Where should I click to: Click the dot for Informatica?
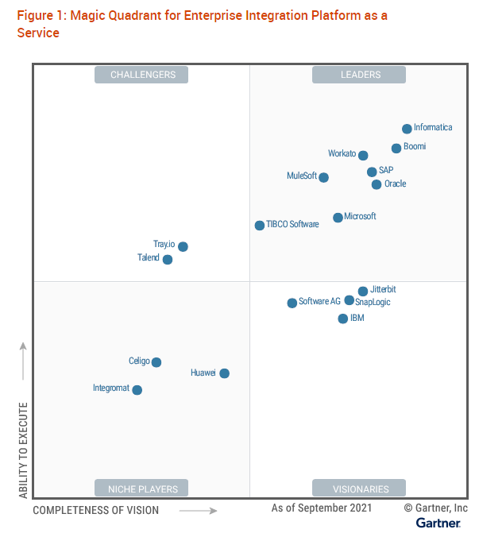click(407, 129)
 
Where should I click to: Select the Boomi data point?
click(396, 149)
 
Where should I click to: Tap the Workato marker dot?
click(363, 156)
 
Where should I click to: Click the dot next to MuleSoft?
click(323, 177)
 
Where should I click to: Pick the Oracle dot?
click(377, 184)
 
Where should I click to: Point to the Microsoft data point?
click(338, 218)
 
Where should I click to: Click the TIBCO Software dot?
click(260, 226)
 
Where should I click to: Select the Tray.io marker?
click(183, 246)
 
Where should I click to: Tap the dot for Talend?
click(168, 260)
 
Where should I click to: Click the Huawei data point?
click(225, 373)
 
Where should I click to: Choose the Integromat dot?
click(137, 390)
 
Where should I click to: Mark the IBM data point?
click(343, 319)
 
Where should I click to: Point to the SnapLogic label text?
click(373, 303)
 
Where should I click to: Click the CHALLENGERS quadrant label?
click(143, 75)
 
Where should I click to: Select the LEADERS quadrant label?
click(360, 75)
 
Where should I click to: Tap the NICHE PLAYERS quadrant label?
click(143, 488)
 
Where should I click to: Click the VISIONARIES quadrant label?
click(360, 489)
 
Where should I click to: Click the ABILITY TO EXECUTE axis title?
click(24, 450)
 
